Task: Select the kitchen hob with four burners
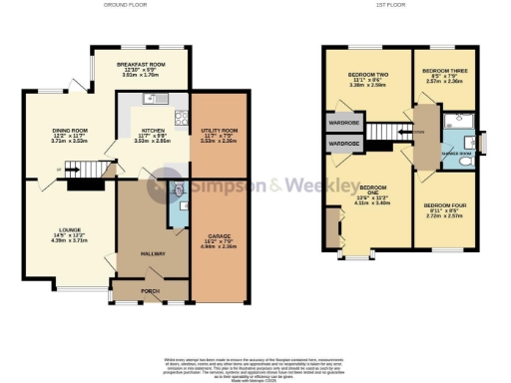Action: (181, 118)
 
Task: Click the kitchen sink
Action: (153, 99)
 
